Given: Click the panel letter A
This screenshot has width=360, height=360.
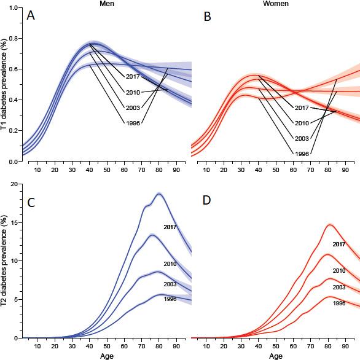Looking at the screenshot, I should click(31, 15).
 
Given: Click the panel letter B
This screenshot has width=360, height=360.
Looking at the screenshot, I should click(207, 16).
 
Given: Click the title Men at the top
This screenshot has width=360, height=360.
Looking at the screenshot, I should click(108, 4).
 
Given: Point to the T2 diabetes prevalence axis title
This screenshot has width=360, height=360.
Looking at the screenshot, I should click(5, 260).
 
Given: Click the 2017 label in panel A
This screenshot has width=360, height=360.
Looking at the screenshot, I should click(134, 77).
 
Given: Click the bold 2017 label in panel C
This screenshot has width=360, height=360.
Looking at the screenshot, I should click(170, 227).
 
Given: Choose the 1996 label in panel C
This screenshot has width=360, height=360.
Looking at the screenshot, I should click(170, 299).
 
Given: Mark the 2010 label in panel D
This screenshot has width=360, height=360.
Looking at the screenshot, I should click(338, 271).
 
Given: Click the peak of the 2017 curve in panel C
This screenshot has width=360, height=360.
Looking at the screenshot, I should click(159, 194).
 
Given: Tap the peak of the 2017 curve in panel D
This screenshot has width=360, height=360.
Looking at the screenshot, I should click(329, 225).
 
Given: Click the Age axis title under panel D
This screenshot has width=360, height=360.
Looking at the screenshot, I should click(275, 355).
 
